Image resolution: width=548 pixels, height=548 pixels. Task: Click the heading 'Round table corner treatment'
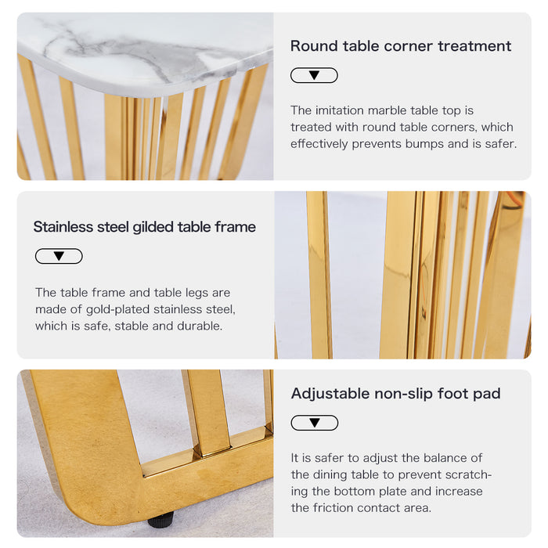click(x=401, y=46)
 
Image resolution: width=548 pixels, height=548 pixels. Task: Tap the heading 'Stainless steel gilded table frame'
click(x=144, y=227)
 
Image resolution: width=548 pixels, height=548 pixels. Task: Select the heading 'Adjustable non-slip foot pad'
click(x=395, y=394)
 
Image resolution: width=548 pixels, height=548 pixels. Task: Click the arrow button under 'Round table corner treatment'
click(x=314, y=75)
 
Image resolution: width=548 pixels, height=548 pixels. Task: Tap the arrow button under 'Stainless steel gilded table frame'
click(x=59, y=256)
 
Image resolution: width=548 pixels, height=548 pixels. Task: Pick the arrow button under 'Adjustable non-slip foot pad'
click(x=315, y=423)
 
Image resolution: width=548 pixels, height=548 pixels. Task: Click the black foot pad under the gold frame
click(x=160, y=521)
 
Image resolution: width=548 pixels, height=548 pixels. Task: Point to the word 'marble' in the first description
click(x=388, y=110)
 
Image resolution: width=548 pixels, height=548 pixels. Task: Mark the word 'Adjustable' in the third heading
click(x=330, y=394)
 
